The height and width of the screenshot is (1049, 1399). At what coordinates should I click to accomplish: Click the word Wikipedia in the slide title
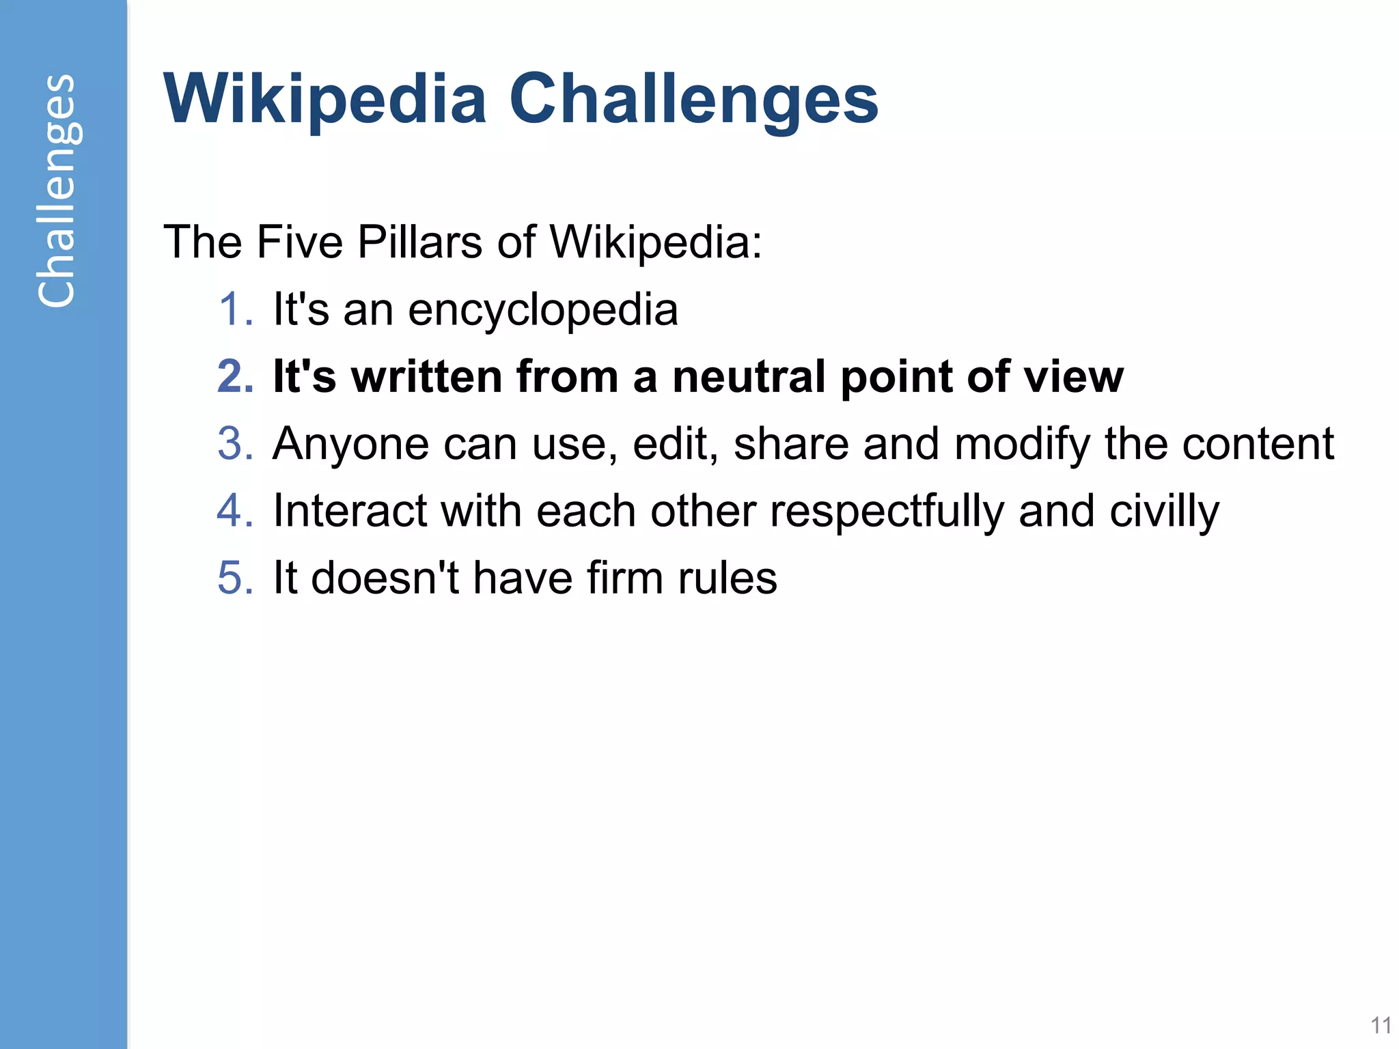(x=325, y=100)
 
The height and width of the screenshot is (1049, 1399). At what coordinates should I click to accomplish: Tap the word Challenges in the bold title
(x=694, y=100)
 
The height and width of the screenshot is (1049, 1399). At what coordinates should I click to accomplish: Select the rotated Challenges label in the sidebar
(x=57, y=191)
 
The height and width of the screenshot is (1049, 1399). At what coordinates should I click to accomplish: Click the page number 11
(x=1381, y=1025)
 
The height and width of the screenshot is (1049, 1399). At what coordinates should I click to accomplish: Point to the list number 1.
(x=235, y=309)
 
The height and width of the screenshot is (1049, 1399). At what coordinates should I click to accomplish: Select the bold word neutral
(x=749, y=376)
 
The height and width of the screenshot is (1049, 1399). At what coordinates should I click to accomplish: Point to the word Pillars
(x=419, y=242)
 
